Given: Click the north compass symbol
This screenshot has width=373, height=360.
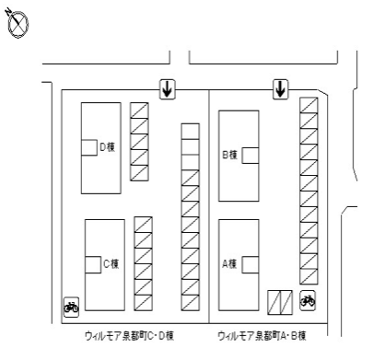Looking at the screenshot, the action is pos(18,24).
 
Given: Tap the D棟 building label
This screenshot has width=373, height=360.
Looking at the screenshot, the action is pos(108,147).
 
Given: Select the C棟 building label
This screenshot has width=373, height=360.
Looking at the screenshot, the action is pos(111,263).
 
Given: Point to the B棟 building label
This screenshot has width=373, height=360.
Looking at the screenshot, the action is pos(229,155).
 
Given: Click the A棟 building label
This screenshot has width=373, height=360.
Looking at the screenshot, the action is pos(229,263).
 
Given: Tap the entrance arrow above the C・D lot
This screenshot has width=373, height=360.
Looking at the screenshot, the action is pos(168,89).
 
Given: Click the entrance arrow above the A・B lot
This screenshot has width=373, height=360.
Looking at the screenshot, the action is pos(281,89).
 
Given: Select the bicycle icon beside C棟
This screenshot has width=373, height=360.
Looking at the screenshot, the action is pos(71,307).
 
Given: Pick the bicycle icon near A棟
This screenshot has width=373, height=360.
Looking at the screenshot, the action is pos(308,300).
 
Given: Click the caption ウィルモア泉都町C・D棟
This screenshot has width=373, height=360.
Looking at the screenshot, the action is pos(129,336).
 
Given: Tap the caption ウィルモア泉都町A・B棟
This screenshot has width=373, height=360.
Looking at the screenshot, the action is pos(262,336).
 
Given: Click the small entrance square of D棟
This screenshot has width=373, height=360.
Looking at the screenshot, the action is pos(89,147).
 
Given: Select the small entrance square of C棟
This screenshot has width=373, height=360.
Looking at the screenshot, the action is pos(93,264).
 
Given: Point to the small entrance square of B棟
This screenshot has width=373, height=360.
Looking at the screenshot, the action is pos(251,156).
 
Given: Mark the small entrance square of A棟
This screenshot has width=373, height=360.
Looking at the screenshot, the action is pos(251,264).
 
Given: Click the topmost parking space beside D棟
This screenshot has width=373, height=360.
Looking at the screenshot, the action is pos(139,110).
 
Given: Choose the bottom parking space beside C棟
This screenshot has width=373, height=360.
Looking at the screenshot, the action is pos(144,303).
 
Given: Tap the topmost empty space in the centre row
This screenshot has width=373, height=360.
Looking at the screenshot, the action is pos(191,132).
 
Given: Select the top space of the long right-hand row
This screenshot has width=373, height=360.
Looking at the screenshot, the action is pos(309,105).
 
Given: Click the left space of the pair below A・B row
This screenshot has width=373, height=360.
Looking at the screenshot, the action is pos(274,302).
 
